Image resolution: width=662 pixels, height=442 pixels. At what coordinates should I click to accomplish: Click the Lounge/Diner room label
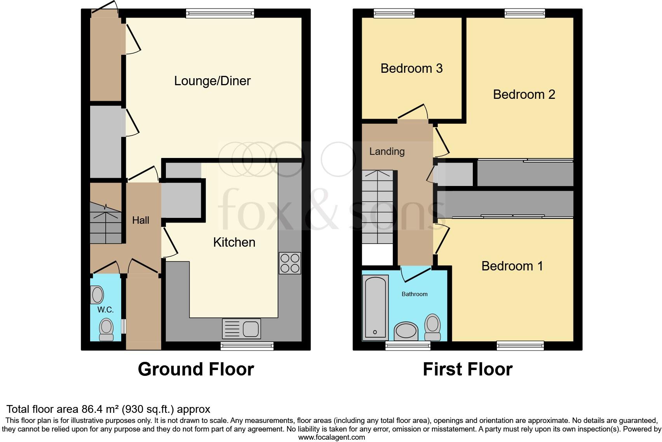(212, 81)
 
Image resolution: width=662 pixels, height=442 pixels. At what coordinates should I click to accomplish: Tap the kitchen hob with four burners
(290, 263)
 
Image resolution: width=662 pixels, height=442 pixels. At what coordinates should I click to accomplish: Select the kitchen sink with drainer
(241, 329)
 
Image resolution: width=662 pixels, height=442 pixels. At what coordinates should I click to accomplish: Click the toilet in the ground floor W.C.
(106, 330)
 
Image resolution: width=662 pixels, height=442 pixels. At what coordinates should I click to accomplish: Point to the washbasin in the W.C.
(97, 295)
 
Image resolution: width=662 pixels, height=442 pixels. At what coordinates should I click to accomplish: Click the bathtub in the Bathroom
(375, 307)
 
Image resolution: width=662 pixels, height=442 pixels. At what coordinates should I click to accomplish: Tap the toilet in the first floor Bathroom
(432, 327)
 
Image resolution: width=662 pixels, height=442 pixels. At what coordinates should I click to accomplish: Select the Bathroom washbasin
(406, 331)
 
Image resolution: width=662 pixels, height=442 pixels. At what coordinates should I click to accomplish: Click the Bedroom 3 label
(411, 68)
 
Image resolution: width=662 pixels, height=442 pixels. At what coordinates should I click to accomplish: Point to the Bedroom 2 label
(524, 95)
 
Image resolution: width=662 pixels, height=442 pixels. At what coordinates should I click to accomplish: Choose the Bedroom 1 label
(512, 266)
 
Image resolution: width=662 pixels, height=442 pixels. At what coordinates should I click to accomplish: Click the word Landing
(387, 151)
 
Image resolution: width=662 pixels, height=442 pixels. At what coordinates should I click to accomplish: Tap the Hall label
(140, 220)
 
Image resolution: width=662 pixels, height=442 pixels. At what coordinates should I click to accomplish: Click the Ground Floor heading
(196, 369)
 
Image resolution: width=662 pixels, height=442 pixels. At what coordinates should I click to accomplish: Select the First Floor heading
(467, 369)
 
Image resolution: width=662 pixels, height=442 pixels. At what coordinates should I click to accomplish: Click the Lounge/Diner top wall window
(220, 13)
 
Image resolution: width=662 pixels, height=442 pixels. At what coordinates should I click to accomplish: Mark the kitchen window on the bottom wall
(247, 346)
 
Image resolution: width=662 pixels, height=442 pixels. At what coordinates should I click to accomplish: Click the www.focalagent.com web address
(331, 437)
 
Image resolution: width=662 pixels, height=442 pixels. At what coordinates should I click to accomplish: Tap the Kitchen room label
(234, 242)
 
